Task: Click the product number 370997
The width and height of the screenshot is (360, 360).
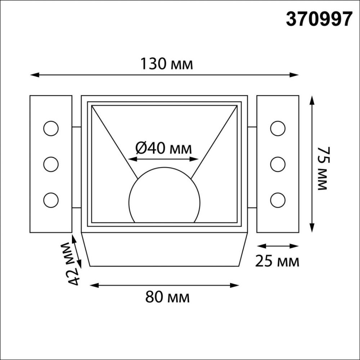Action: point(318,19)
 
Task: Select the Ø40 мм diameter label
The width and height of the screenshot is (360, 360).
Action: point(164,148)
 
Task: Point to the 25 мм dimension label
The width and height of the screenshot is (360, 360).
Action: point(277,261)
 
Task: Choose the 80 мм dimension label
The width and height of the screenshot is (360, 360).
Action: point(167,297)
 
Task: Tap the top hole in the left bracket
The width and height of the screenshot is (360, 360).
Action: point(50,129)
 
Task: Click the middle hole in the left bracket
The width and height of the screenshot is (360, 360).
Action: point(50,164)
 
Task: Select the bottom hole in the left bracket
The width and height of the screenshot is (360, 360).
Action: point(50,199)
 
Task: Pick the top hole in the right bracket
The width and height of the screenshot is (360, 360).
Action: point(278,129)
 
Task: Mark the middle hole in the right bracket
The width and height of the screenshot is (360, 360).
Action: point(278,164)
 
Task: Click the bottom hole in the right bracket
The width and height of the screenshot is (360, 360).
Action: point(278,199)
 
